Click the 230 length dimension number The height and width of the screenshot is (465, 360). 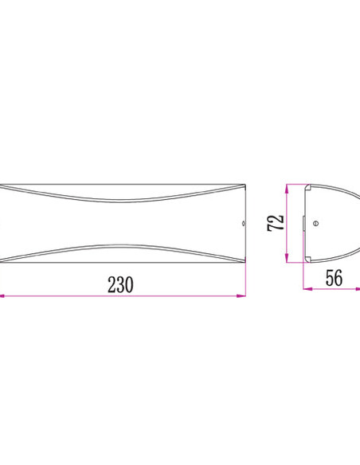[120, 285]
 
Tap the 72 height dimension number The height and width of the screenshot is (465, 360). [276, 223]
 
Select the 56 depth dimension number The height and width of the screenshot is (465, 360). [334, 278]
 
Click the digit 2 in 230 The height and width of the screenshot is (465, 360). [112, 285]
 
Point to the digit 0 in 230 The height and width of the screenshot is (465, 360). [130, 285]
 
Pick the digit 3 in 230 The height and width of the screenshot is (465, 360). [121, 285]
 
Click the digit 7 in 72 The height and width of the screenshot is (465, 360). [276, 227]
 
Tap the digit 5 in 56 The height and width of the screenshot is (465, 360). [330, 278]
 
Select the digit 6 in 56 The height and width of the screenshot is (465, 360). [338, 278]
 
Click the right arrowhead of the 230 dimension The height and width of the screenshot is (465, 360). [241, 295]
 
